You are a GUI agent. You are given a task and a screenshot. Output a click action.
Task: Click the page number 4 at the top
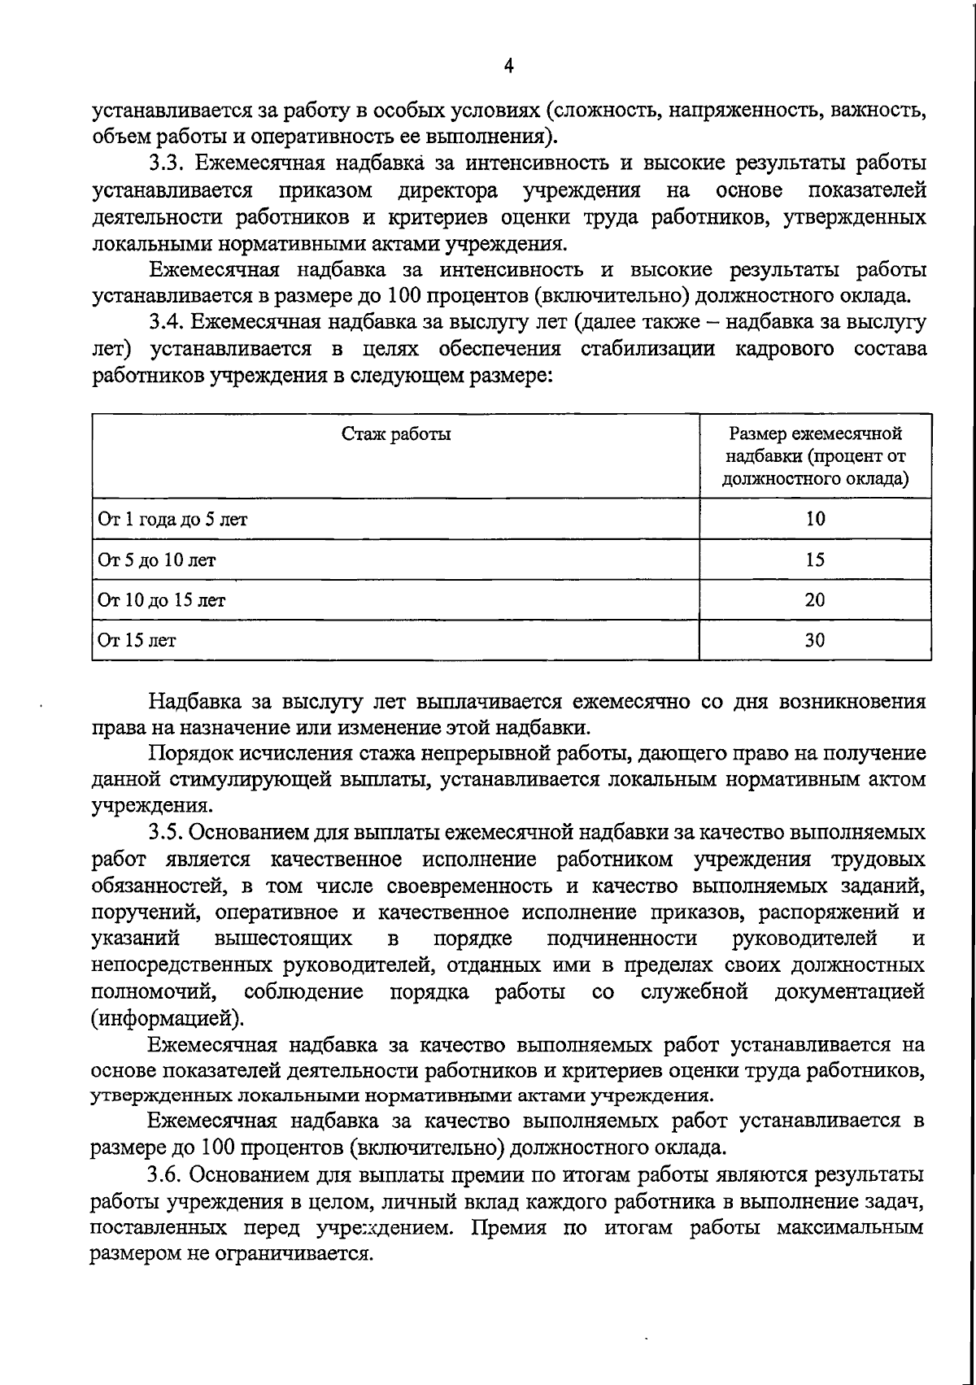point(508,67)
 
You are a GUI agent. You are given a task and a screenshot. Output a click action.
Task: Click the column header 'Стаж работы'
point(396,433)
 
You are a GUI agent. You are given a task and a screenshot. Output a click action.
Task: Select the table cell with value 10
point(815,519)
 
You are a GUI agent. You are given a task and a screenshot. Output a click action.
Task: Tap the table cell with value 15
point(815,560)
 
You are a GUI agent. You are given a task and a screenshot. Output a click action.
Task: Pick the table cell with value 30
point(815,640)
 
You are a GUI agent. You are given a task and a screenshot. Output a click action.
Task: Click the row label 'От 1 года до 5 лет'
point(172,519)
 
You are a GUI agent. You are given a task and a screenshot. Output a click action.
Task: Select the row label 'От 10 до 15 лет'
point(162,600)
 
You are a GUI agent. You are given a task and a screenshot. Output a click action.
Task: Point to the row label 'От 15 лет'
point(137,640)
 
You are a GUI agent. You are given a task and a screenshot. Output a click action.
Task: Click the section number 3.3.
point(168,163)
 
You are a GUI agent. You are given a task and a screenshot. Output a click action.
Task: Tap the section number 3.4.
point(168,323)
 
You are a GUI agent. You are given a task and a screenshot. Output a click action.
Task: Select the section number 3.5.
point(168,833)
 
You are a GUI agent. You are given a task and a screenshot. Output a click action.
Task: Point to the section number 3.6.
point(168,1174)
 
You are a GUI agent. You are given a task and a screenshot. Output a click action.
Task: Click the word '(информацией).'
point(168,1018)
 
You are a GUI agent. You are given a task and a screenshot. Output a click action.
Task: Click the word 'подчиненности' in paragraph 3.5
point(622,939)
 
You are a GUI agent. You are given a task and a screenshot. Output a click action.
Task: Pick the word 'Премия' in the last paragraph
point(508,1227)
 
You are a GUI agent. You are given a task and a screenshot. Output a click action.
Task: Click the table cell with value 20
point(815,600)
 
